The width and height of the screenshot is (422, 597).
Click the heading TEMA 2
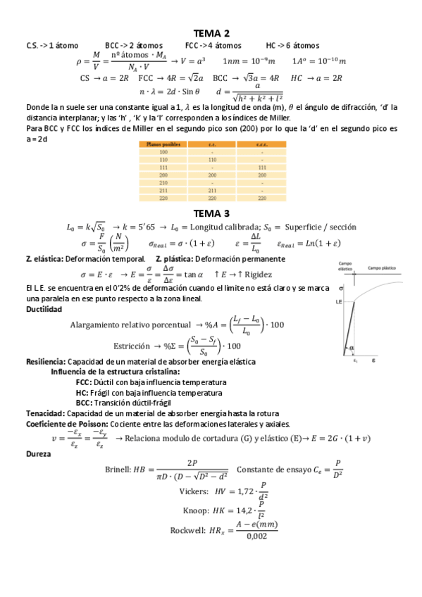[x=211, y=33]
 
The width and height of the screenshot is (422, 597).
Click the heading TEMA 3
[x=211, y=213]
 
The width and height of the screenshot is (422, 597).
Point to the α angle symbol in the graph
[x=349, y=347]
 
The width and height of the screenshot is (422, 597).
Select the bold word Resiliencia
[x=45, y=362]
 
